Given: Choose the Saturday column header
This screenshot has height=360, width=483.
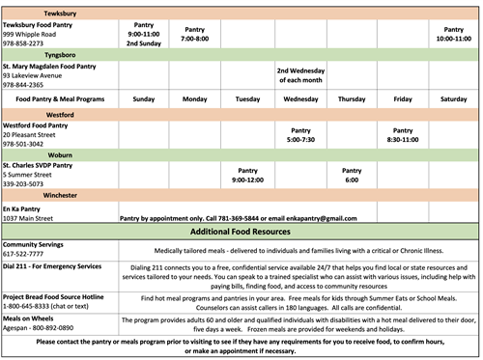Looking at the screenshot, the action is coord(453,98).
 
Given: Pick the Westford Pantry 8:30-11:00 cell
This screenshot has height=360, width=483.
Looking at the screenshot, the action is coord(403,133).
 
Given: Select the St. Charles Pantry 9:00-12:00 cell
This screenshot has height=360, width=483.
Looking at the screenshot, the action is coord(247,174).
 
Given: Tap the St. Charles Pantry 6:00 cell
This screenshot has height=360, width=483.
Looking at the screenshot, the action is coord(352,174).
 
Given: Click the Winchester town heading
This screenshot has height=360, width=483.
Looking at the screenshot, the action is coord(33,194).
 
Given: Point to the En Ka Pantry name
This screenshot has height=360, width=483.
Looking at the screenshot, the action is coord(23,208).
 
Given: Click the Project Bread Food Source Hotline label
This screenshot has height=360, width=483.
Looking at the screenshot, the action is coord(60,295).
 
